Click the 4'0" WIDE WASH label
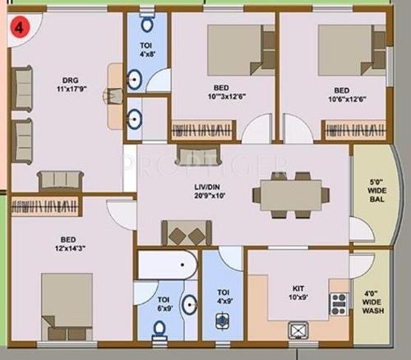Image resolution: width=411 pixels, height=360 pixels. [x=372, y=297]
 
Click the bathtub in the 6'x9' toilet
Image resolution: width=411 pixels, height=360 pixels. [x=167, y=265]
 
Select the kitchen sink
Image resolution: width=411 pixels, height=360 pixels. [x=298, y=330]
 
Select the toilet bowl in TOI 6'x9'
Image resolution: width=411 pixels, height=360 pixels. [x=160, y=330]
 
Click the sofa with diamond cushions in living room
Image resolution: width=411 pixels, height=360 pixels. [x=188, y=233]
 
